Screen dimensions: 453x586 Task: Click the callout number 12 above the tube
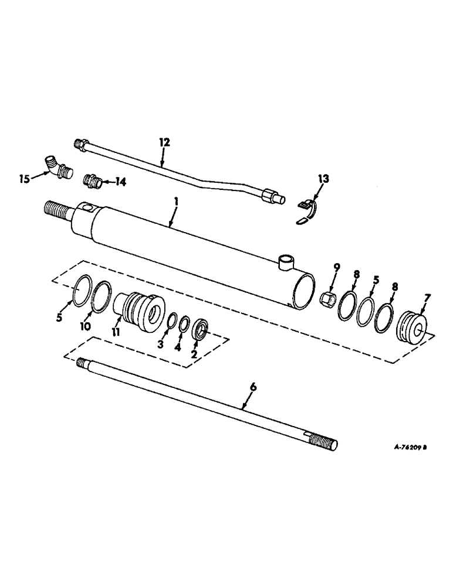[164, 142]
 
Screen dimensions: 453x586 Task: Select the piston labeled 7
[413, 325]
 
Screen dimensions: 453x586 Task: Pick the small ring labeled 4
[185, 324]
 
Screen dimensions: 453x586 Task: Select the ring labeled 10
[102, 292]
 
